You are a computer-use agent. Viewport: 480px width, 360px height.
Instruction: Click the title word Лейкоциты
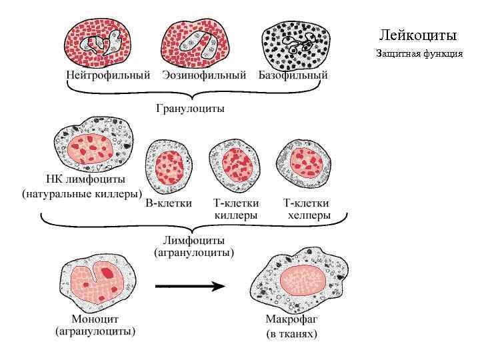418,35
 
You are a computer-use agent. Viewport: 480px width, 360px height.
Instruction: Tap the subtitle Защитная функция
419,53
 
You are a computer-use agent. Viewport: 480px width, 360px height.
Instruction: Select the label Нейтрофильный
108,75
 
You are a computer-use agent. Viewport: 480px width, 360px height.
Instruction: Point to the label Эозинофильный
204,75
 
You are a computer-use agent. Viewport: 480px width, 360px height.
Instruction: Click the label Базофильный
293,75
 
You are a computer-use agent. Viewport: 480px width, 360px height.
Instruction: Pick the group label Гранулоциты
190,108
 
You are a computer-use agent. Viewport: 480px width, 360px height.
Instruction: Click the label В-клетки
169,203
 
